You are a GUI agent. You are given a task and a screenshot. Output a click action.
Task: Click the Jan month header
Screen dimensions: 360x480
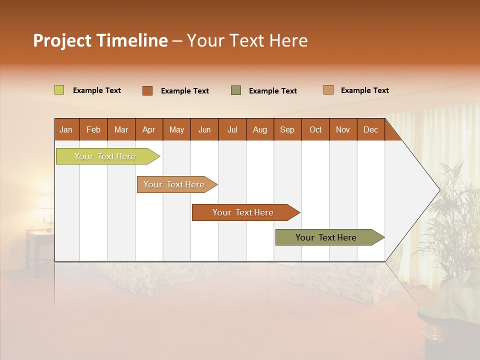click(x=66, y=129)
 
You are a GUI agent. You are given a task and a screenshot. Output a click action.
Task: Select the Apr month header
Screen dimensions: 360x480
click(x=148, y=129)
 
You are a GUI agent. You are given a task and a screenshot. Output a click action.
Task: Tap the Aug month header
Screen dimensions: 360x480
click(x=259, y=129)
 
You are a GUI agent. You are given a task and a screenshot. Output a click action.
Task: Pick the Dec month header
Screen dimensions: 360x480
click(x=370, y=129)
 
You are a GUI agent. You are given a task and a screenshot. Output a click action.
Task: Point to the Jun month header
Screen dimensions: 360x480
click(x=204, y=129)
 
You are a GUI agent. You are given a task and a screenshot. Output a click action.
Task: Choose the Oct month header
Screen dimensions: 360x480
click(x=315, y=129)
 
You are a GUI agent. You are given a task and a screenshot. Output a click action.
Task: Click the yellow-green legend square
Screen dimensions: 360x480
click(x=59, y=90)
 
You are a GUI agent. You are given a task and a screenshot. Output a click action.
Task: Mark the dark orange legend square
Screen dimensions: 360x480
click(x=147, y=90)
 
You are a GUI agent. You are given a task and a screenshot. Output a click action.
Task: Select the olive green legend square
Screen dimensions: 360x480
click(x=235, y=90)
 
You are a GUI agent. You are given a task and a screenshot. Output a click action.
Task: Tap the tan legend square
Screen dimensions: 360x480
click(x=328, y=90)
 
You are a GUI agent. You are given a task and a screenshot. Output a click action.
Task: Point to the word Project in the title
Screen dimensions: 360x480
click(x=62, y=40)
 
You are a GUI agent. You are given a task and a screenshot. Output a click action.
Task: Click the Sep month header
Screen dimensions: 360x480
click(x=287, y=129)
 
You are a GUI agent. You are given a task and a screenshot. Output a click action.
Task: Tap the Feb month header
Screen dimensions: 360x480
click(x=93, y=129)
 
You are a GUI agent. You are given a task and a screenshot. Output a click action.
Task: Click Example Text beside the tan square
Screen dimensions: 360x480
click(x=364, y=90)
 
